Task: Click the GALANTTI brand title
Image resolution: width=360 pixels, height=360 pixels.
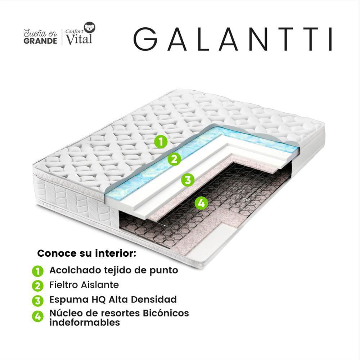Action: [x=233, y=38]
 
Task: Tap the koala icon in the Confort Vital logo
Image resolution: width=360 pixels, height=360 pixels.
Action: [x=89, y=27]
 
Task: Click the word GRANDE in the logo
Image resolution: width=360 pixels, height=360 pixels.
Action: [x=40, y=41]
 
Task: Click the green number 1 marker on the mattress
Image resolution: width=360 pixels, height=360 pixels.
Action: [x=161, y=141]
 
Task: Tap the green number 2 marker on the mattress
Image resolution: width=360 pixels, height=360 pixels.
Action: [x=174, y=159]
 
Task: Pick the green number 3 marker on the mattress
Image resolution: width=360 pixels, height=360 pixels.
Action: [x=188, y=179]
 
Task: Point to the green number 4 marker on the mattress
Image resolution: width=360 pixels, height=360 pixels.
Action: [x=201, y=203]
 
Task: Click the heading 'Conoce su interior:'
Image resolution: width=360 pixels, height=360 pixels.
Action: [x=87, y=253]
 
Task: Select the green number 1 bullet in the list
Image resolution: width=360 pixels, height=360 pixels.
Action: [x=37, y=271]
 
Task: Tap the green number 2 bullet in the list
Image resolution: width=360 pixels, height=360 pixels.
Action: [x=37, y=286]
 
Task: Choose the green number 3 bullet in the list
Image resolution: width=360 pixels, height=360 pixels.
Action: [x=37, y=300]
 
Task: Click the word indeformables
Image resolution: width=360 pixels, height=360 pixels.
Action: [x=85, y=323]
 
